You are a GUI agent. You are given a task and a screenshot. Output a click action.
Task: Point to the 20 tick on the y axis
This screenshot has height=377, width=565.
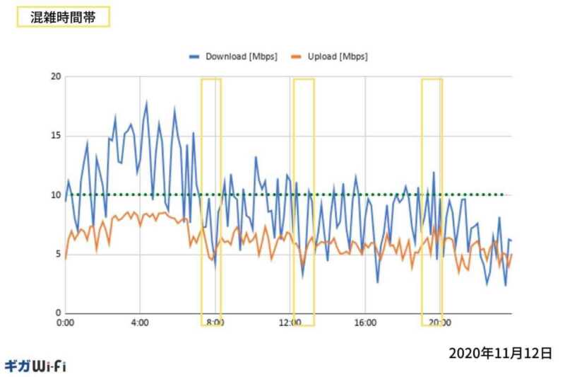point(56,76)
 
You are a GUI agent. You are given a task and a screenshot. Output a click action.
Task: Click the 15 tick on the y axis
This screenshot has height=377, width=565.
point(56,136)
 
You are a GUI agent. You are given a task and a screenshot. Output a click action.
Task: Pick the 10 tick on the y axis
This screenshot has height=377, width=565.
point(56,195)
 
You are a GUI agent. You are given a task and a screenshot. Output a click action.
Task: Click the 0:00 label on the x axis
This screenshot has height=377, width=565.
point(65,323)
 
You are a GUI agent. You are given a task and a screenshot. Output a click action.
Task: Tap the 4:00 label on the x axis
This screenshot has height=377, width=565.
point(140,323)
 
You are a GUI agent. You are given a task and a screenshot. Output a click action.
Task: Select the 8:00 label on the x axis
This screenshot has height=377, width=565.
point(215,323)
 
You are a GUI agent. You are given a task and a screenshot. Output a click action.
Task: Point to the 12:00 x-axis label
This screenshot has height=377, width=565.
point(290,323)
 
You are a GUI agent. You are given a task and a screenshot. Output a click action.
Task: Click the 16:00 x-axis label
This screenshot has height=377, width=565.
point(365,323)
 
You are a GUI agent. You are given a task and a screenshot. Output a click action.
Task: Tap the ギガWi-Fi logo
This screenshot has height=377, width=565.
point(35,366)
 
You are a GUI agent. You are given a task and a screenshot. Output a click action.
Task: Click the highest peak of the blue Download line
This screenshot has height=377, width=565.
point(147,102)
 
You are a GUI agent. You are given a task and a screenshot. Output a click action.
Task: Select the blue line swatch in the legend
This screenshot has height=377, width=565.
point(195,56)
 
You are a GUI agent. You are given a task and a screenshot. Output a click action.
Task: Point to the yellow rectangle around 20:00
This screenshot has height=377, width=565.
point(432,202)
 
